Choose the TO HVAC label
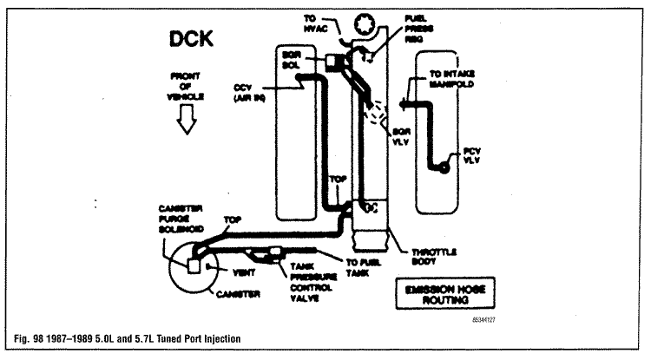(313, 24)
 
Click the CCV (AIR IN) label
(254, 93)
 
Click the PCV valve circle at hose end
(444, 167)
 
